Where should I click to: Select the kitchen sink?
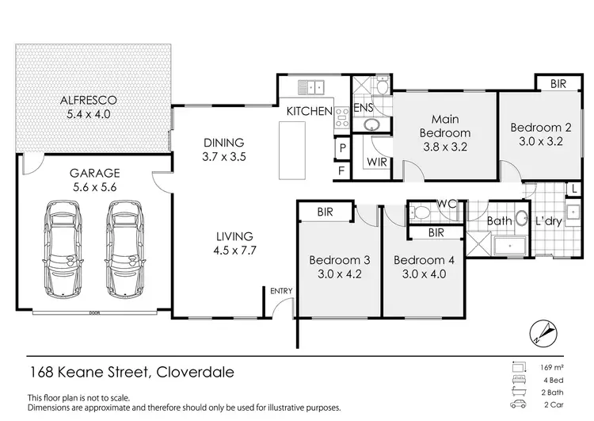(x=312, y=86)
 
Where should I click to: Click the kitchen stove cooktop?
(x=343, y=118)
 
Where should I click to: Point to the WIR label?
(x=375, y=162)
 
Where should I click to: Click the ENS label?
(x=363, y=107)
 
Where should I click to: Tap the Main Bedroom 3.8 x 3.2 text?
(x=444, y=133)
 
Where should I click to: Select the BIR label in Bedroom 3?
(x=324, y=212)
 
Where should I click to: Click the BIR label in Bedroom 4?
(x=435, y=232)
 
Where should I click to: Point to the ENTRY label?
(x=281, y=292)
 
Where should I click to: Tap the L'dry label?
(x=548, y=221)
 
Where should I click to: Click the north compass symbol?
(x=543, y=331)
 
